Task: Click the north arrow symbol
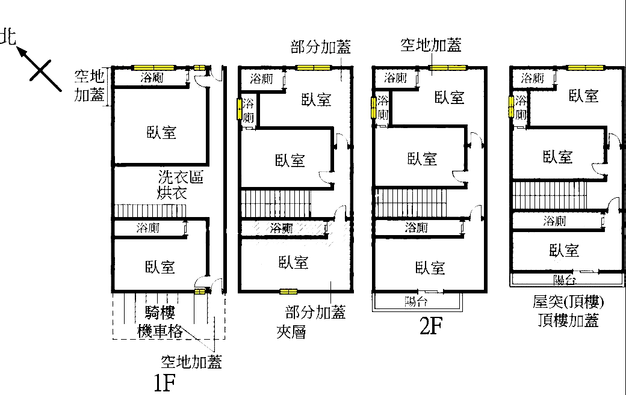(39, 69)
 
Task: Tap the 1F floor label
(164, 383)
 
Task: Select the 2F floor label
(431, 326)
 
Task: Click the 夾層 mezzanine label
(291, 332)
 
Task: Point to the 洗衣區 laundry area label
(181, 177)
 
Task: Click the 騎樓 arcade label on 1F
(160, 313)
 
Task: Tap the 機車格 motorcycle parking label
(160, 331)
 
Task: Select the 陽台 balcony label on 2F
(416, 302)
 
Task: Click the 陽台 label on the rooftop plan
(565, 280)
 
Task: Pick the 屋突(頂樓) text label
(568, 302)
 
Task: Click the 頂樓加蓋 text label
(568, 320)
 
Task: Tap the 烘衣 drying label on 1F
(172, 193)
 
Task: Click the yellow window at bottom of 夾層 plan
(288, 292)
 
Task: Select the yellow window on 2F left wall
(374, 108)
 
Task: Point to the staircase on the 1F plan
(150, 210)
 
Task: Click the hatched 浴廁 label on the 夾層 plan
(281, 228)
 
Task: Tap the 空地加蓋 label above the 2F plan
(431, 45)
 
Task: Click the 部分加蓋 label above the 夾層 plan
(321, 47)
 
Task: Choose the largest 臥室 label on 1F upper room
(161, 132)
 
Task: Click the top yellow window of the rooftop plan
(586, 68)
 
